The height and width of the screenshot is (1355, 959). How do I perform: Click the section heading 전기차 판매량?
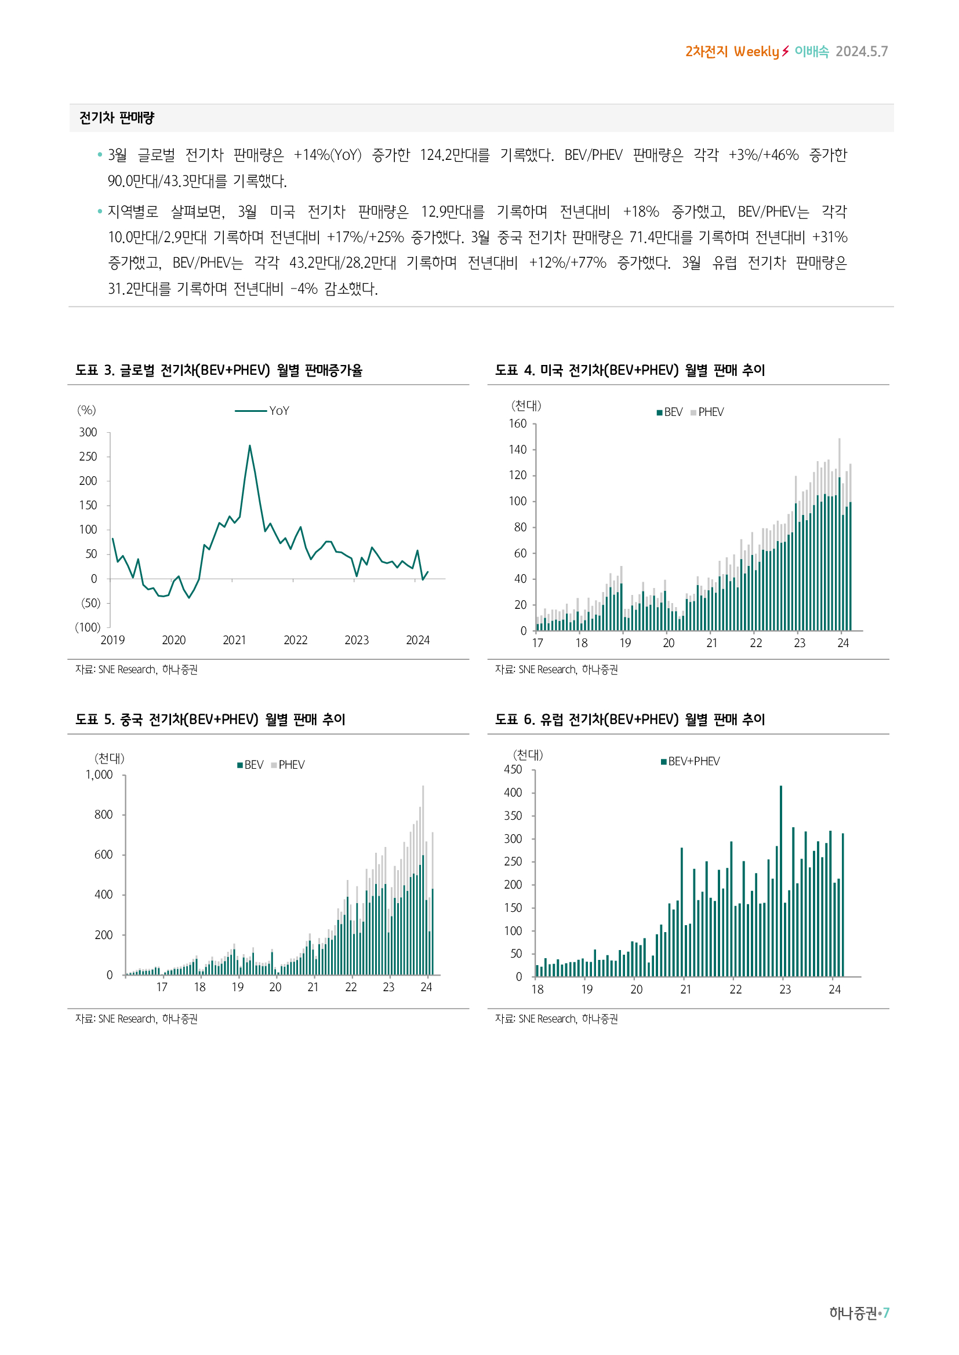pyautogui.click(x=117, y=118)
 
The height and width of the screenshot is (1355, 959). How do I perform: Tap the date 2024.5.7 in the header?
pyautogui.click(x=861, y=52)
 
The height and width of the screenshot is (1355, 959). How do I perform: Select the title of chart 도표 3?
pyautogui.click(x=219, y=370)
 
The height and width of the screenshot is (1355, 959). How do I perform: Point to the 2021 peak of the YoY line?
pyautogui.click(x=250, y=446)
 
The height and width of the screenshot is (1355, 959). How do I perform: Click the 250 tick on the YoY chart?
pyautogui.click(x=88, y=456)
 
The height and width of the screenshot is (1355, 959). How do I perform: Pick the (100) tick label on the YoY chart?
pyautogui.click(x=88, y=627)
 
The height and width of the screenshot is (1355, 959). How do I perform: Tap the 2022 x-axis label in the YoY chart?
pyautogui.click(x=295, y=640)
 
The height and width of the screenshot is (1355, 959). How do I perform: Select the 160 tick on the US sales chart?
pyautogui.click(x=517, y=423)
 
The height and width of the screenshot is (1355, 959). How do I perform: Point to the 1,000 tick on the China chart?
pyautogui.click(x=99, y=775)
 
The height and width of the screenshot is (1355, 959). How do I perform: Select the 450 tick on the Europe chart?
pyautogui.click(x=513, y=769)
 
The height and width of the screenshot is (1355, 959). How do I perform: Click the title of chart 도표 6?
pyautogui.click(x=630, y=719)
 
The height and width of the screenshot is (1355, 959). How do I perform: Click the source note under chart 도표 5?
pyautogui.click(x=136, y=1018)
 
